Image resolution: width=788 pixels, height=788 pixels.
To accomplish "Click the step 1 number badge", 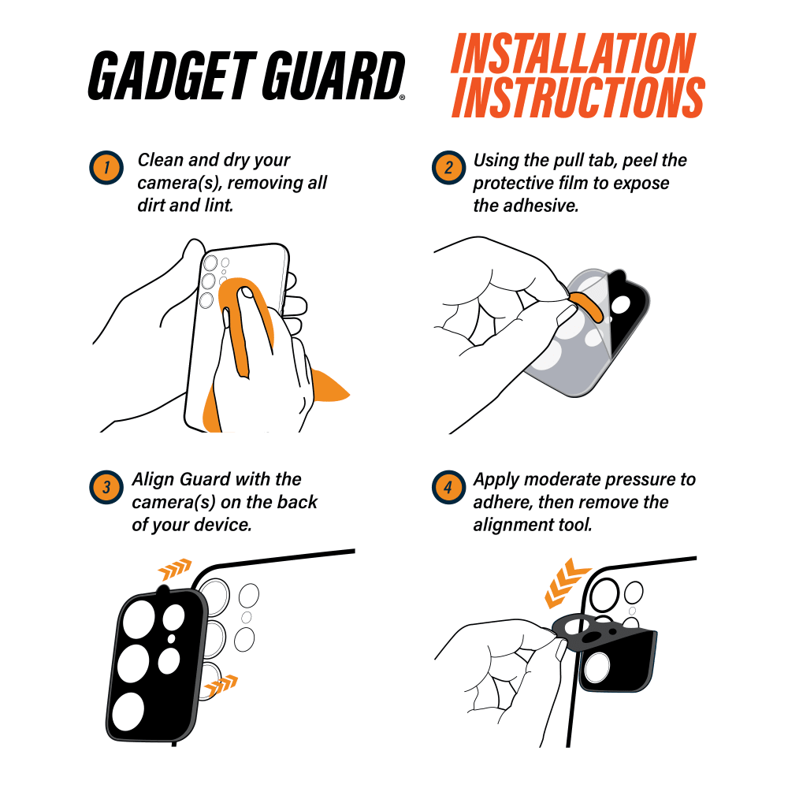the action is [106, 167].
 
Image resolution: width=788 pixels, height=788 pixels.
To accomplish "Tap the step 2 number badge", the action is [449, 167].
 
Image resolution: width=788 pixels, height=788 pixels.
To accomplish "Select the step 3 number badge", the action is [106, 487].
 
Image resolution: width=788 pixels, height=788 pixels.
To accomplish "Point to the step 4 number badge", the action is [449, 487].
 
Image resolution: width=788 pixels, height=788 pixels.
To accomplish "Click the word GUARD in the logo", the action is [333, 76].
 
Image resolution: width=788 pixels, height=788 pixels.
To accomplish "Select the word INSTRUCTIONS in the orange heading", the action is [578, 97].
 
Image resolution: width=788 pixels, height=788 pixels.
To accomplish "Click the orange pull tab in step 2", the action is [587, 306].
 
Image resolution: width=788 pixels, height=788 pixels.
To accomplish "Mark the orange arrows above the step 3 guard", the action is [175, 568].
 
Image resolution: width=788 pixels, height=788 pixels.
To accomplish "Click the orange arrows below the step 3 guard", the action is [221, 685].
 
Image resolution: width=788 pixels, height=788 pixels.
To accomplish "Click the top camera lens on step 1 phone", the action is [210, 263].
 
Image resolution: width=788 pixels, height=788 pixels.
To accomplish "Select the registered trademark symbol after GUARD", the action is [402, 98].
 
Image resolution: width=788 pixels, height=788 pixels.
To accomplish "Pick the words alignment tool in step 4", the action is [533, 525].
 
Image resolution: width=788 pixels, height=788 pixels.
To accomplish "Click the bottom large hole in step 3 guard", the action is [128, 712].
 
